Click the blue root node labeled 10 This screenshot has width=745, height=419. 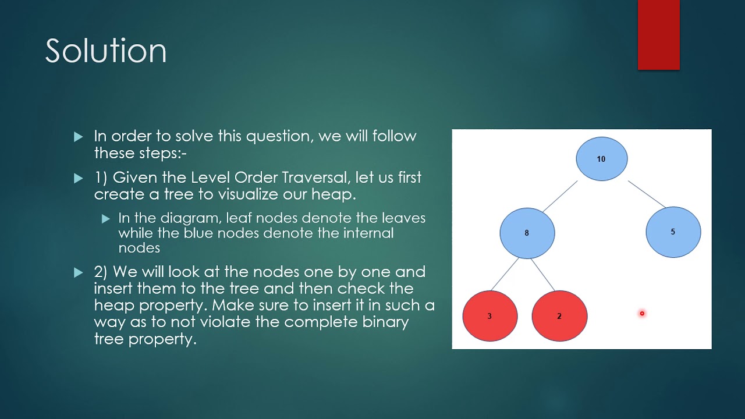601,158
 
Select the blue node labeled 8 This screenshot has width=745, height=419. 527,233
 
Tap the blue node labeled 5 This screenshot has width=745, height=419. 673,232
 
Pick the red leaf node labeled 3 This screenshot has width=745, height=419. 489,316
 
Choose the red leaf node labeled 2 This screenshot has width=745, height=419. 559,316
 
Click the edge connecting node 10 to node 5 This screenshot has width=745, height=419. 646,194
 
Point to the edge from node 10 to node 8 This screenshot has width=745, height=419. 560,196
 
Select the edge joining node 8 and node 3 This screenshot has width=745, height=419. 505,274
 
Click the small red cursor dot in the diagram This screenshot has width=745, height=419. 642,314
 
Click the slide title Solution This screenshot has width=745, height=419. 106,51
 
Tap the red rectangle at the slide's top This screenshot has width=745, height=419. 658,35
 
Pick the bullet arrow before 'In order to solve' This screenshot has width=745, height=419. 79,137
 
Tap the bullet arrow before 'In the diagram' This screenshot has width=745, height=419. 105,219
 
